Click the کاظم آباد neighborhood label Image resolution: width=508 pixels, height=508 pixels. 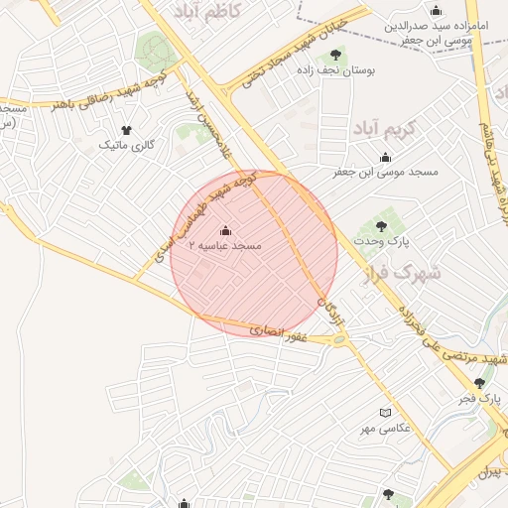213,13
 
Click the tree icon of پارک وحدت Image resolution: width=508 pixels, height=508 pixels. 382,227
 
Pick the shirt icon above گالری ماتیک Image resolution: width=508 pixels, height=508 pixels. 126,130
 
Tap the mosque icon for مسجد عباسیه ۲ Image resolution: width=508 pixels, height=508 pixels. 224,231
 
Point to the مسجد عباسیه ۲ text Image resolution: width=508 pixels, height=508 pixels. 224,246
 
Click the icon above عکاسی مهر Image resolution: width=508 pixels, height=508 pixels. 386,413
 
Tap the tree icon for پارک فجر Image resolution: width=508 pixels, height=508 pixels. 480,383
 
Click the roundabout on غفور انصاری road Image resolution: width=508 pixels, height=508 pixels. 341,340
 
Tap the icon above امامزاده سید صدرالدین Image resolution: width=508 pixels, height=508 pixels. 436,11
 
